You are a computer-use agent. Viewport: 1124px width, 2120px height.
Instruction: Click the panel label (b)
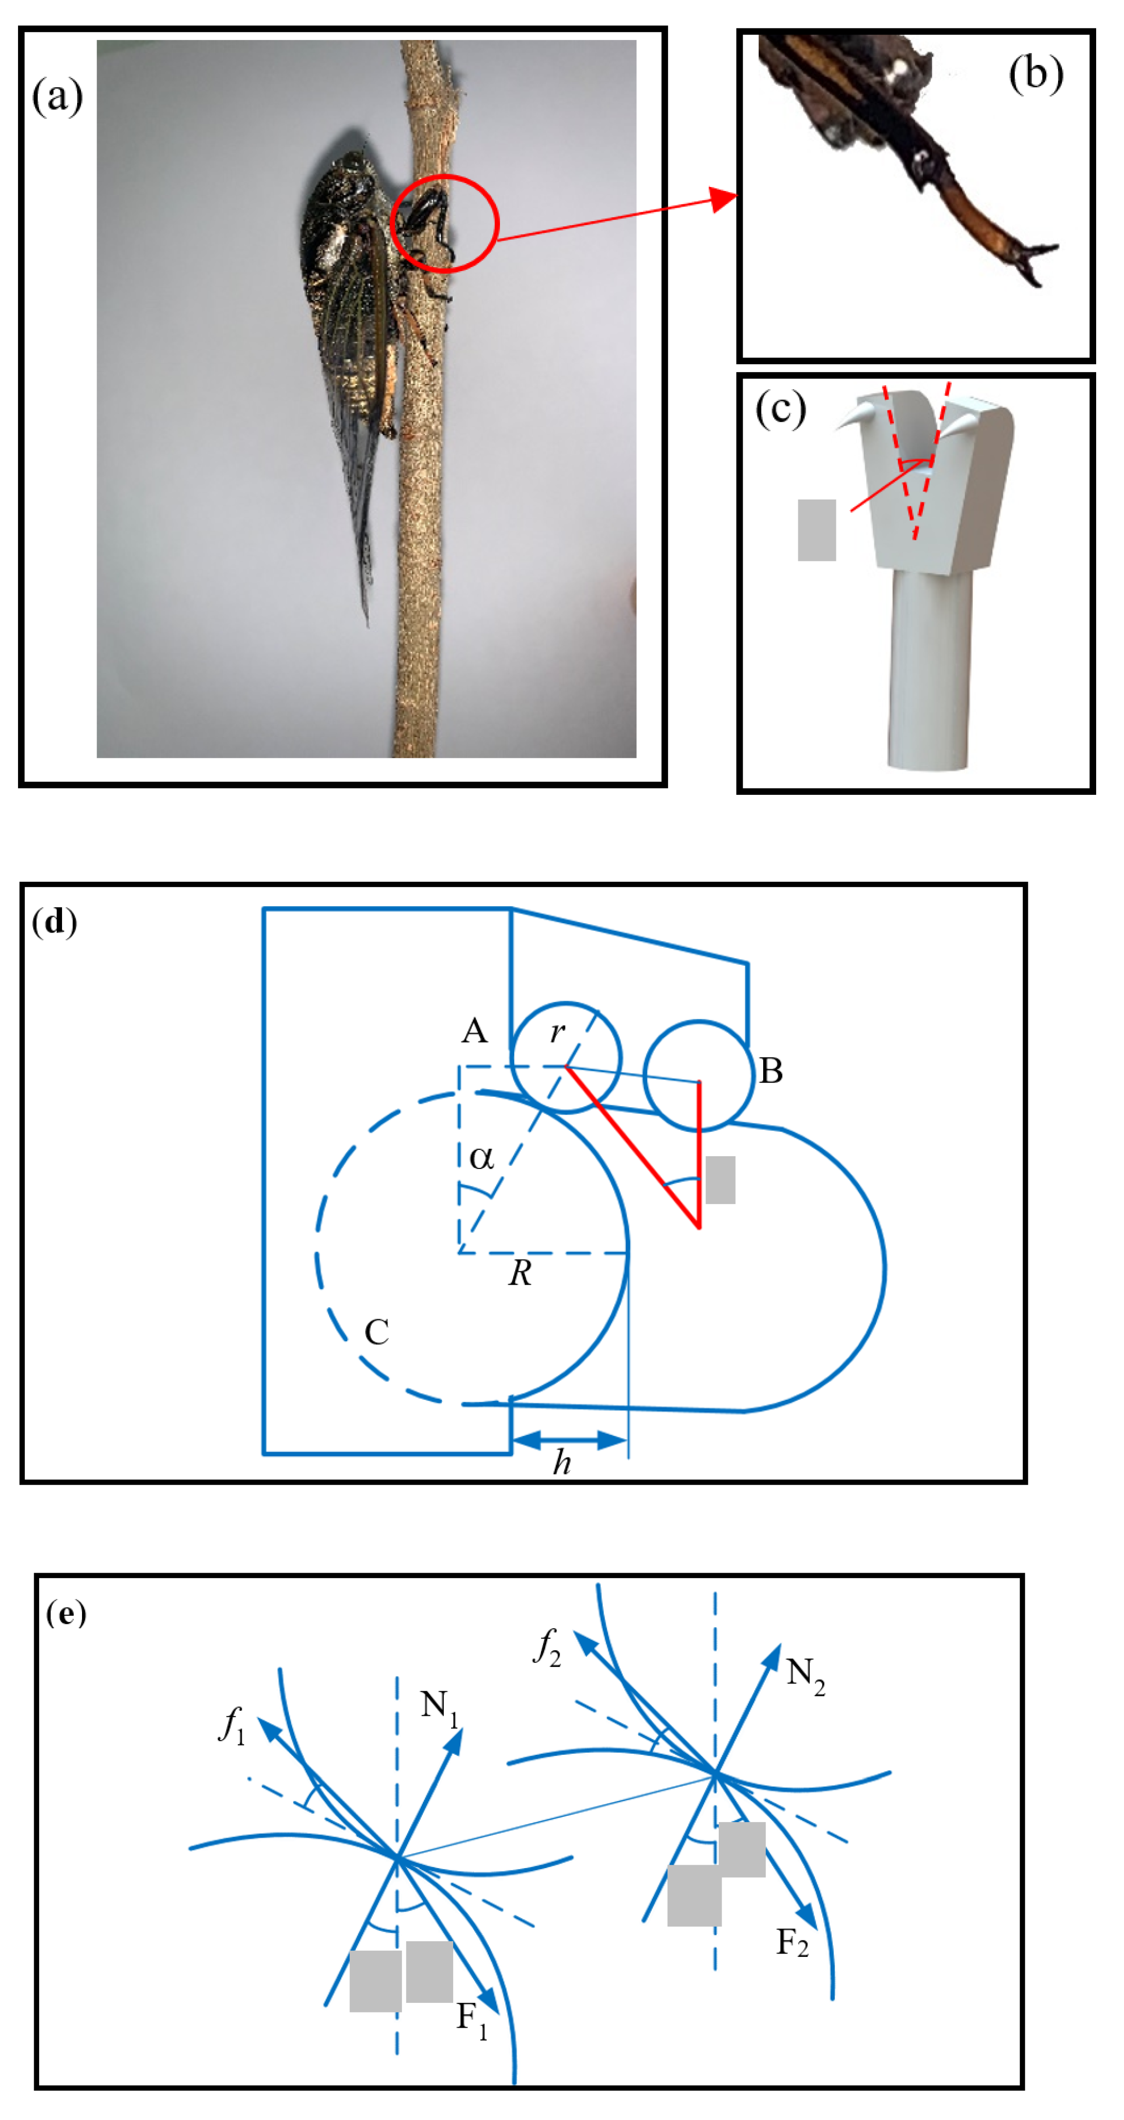point(1035,74)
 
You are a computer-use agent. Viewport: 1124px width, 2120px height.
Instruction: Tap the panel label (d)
point(54,922)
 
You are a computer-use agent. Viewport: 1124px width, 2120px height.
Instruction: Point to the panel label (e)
point(66,1613)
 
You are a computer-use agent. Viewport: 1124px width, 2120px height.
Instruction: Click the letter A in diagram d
point(474,1030)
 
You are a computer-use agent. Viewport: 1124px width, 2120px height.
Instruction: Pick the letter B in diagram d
point(771,1071)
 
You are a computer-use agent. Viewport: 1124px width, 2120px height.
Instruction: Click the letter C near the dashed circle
point(377,1331)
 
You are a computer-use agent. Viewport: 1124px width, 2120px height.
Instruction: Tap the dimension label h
point(562,1462)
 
